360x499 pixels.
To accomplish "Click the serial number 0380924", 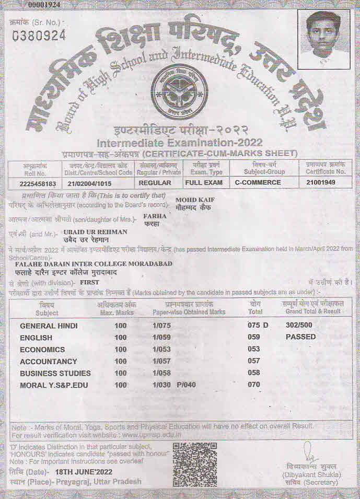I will (39, 36).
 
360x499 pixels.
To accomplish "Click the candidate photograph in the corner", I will (323, 39).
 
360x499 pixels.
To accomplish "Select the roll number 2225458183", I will (35, 183).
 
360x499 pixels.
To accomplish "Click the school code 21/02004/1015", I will (89, 183).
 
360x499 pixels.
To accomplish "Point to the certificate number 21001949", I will (321, 183).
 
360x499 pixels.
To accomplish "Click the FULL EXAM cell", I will (203, 183).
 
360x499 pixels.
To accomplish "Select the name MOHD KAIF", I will (195, 200).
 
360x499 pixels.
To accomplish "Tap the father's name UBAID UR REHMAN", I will (95, 231).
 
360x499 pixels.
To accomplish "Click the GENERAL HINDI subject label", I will (49, 326).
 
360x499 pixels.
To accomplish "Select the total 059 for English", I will (254, 338).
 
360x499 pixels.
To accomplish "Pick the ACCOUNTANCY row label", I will (48, 361).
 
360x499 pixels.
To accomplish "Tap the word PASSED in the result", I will (300, 337).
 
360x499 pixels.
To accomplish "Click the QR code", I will (194, 465).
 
